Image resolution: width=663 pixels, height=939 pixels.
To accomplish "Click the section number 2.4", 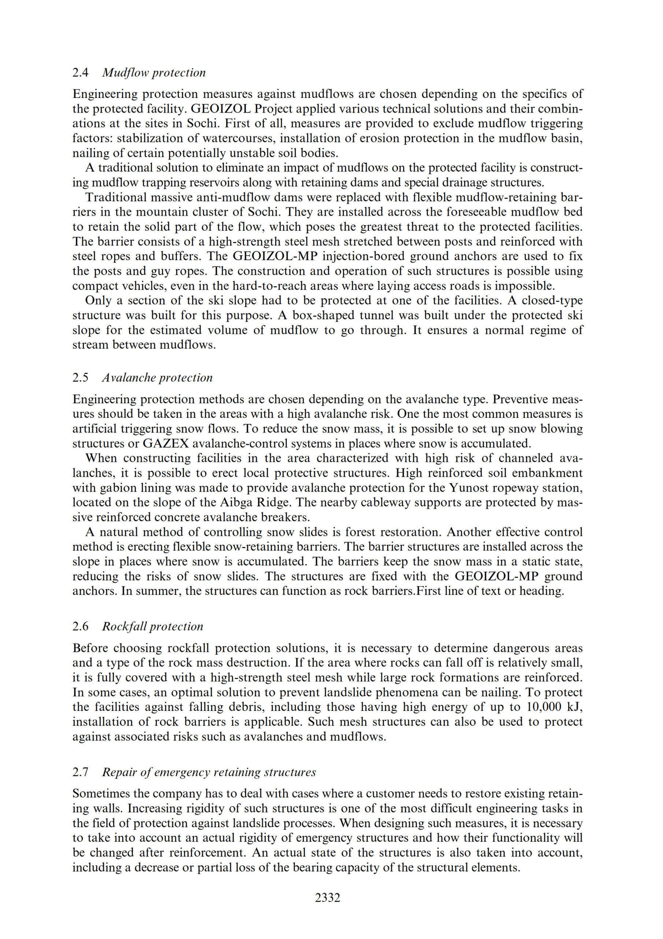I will pos(81,73).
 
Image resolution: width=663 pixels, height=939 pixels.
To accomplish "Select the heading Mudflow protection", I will pos(153,73).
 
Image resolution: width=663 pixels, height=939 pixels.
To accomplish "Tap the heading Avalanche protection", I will pos(157,377).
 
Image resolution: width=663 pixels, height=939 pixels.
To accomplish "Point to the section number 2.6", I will pos(81,626).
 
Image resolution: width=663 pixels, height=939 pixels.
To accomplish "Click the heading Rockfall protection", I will pos(152,626).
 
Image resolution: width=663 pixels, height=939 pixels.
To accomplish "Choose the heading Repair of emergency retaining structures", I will pos(209,772).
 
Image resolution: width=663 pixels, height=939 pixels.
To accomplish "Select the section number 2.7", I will pos(81,772).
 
